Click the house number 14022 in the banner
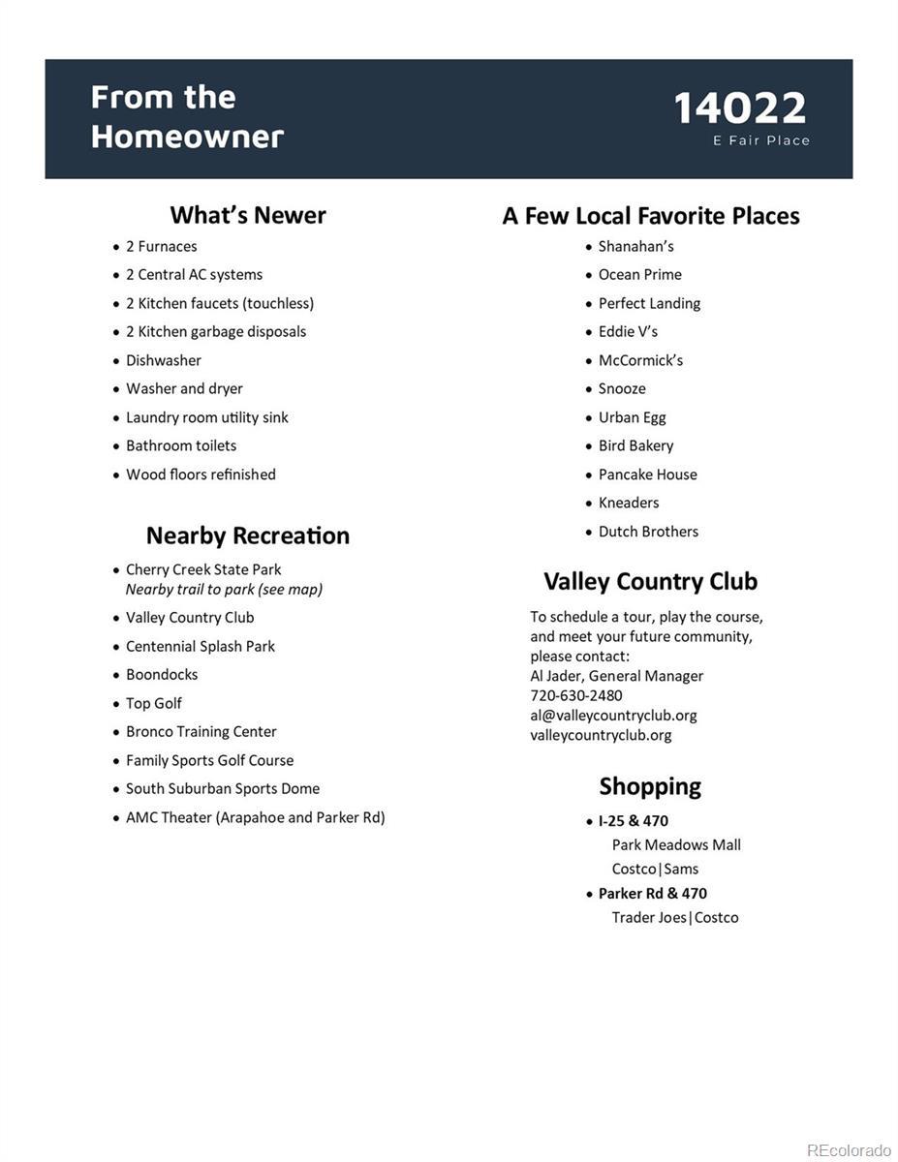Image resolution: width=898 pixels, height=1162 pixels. tap(740, 107)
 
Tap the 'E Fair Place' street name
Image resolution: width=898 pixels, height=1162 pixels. tap(761, 140)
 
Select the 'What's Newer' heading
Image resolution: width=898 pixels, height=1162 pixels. tap(248, 215)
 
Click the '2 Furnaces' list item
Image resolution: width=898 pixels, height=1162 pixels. tap(161, 246)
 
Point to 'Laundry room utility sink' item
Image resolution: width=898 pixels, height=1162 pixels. tap(206, 417)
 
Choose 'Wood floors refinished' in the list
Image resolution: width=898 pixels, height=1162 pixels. tap(201, 474)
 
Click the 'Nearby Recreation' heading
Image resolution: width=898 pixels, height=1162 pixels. tap(248, 535)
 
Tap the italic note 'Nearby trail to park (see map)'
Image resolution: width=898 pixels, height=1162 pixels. tap(224, 589)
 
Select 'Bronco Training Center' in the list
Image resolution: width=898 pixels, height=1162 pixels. tap(201, 732)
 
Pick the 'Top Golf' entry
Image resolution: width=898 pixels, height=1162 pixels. tap(153, 703)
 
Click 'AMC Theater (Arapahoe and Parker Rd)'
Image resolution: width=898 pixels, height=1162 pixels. tap(255, 817)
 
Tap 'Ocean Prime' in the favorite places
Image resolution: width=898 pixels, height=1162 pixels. tap(639, 275)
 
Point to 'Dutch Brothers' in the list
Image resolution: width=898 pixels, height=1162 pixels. tap(648, 532)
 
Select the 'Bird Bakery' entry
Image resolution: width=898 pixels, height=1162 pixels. tap(635, 445)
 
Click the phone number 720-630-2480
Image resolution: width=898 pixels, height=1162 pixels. tap(576, 695)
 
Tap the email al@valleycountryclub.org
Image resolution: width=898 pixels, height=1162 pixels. tap(613, 716)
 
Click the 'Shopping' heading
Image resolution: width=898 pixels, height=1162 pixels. tap(650, 786)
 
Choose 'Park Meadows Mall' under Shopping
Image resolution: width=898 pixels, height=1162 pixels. tap(676, 845)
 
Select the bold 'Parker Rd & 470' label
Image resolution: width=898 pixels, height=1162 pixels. tap(652, 894)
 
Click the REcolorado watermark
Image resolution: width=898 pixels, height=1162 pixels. tap(849, 1150)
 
